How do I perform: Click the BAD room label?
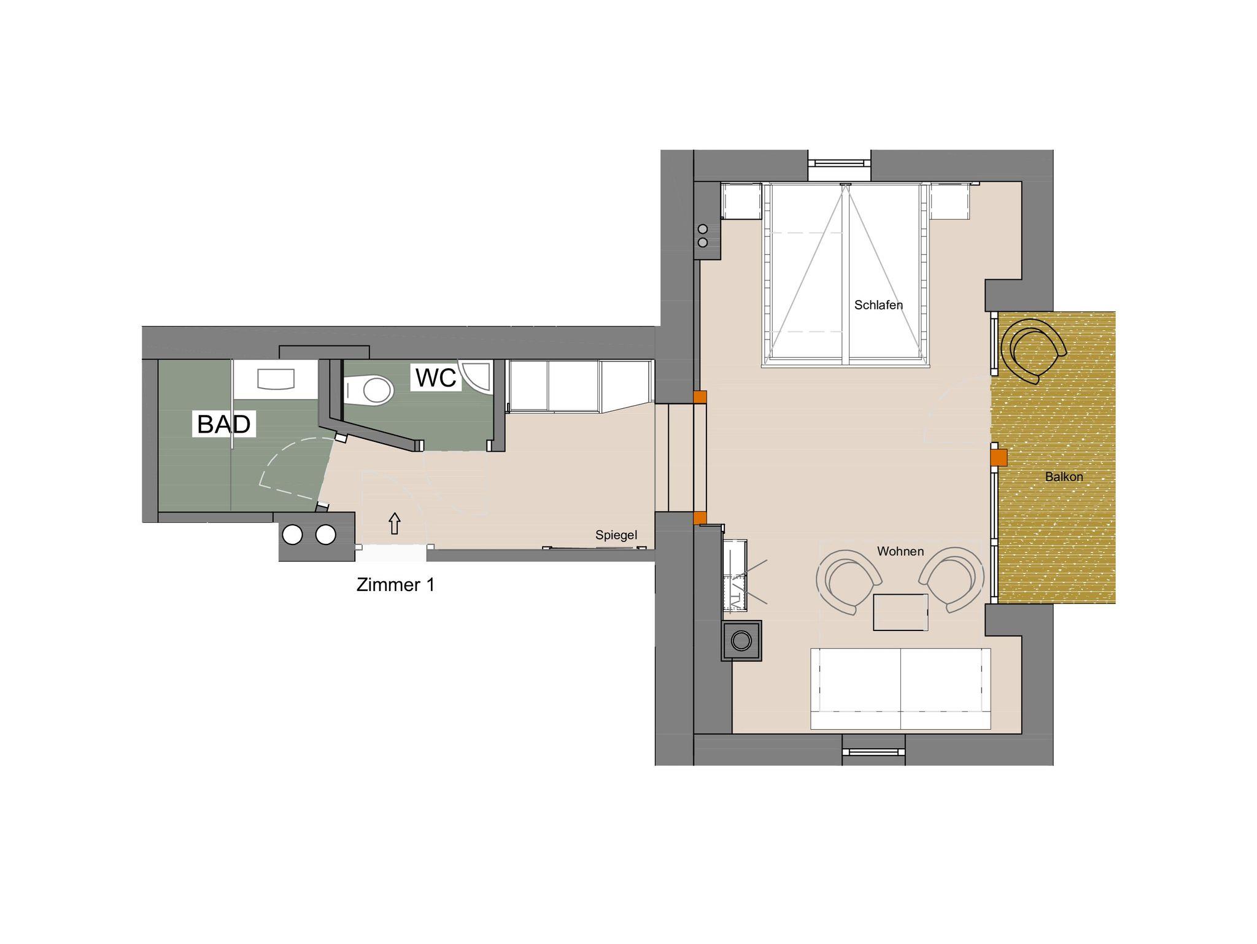(223, 424)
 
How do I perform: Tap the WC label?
(436, 377)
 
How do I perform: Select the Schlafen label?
(878, 305)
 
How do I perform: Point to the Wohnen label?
(900, 551)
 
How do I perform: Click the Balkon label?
(1064, 476)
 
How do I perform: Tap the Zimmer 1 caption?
(395, 585)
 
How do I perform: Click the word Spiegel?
(616, 535)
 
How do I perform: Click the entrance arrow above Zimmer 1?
(395, 524)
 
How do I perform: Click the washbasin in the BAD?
(276, 379)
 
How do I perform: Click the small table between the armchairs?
(900, 612)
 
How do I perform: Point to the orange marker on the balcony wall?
(999, 458)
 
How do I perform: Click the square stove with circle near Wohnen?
(742, 641)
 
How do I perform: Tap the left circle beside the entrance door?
(292, 535)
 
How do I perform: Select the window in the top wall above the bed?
(840, 163)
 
